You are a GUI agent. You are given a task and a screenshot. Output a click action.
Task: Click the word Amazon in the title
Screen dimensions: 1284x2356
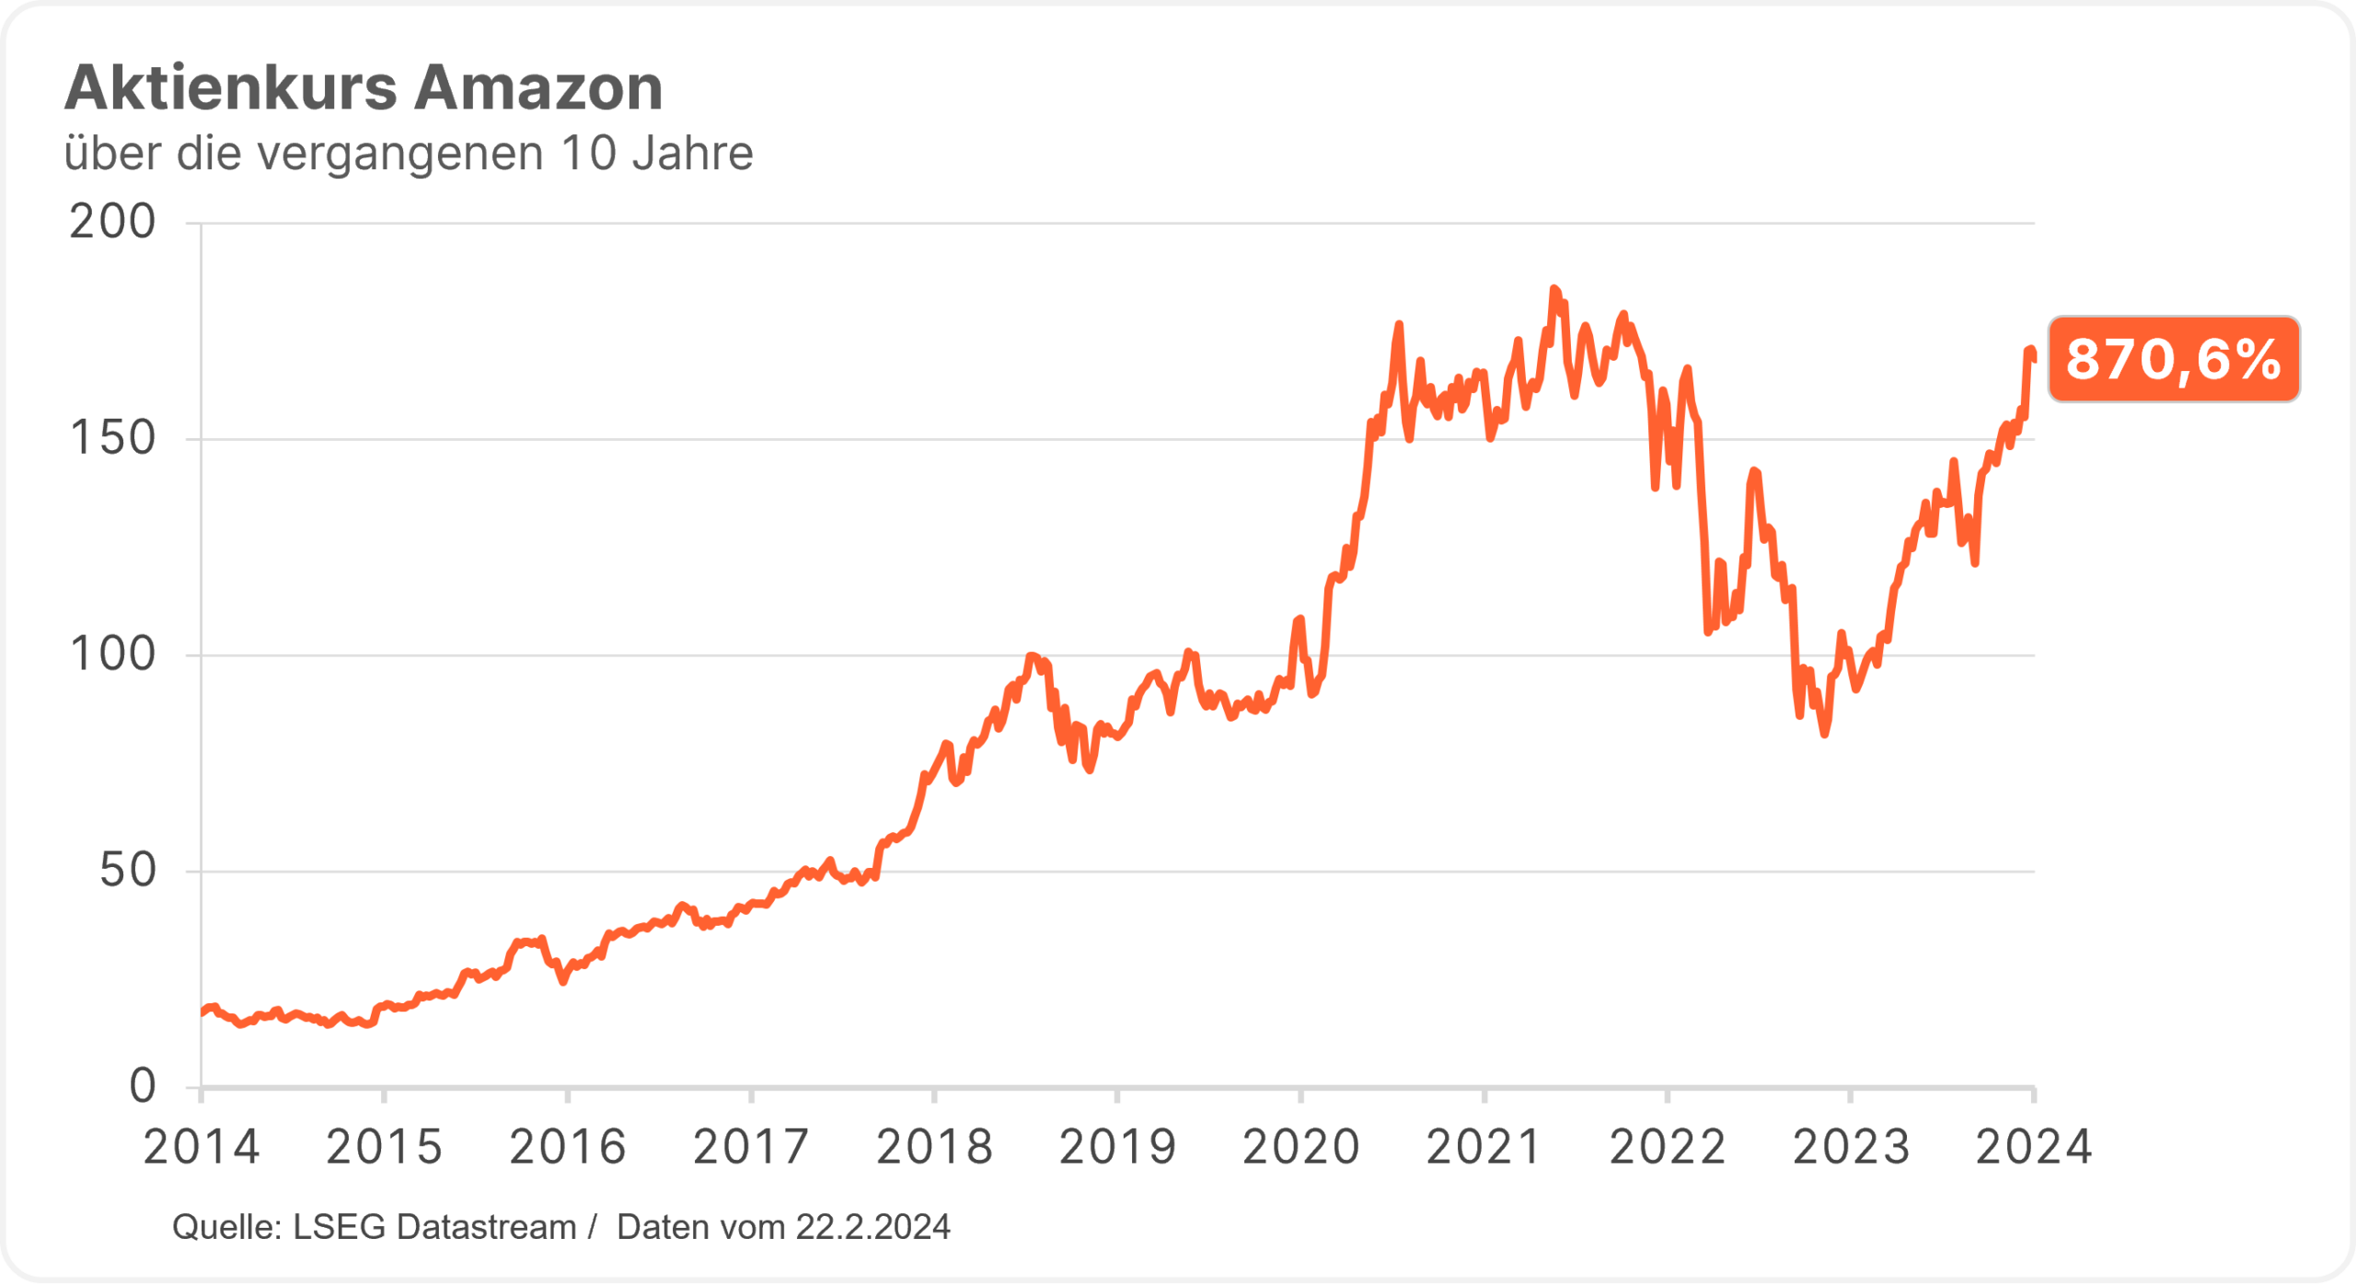(x=538, y=88)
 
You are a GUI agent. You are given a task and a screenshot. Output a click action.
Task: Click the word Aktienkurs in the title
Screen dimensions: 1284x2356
(x=231, y=88)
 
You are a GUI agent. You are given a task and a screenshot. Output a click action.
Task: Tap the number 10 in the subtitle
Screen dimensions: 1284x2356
(x=588, y=154)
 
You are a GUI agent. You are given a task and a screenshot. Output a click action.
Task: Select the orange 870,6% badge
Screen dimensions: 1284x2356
(x=2173, y=359)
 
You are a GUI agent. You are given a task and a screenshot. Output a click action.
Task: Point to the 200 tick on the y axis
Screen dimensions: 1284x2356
(x=112, y=223)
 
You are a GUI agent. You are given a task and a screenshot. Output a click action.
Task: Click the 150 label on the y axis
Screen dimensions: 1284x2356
(x=112, y=439)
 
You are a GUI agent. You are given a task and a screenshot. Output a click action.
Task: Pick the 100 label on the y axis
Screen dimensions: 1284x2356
(x=112, y=655)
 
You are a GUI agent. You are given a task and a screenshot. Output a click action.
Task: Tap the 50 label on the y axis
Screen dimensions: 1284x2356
(x=127, y=871)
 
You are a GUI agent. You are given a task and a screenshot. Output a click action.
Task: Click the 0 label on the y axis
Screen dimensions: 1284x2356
(x=143, y=1087)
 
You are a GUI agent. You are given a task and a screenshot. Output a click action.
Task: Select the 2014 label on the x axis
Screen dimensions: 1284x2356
(x=202, y=1148)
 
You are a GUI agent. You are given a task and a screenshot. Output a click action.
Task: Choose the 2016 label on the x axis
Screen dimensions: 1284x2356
(x=568, y=1148)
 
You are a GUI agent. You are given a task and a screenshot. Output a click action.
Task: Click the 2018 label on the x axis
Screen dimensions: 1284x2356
(x=934, y=1148)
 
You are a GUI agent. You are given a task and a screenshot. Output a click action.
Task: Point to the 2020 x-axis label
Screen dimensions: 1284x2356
(x=1300, y=1148)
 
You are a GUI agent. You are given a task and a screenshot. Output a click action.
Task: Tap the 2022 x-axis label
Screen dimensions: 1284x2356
(x=1667, y=1148)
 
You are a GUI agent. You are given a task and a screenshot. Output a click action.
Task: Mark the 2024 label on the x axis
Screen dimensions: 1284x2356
(x=2034, y=1148)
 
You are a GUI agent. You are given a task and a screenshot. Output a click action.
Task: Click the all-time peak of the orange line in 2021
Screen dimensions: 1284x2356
(x=1553, y=289)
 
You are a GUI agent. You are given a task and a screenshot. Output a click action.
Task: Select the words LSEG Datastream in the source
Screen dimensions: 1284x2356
(x=434, y=1228)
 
